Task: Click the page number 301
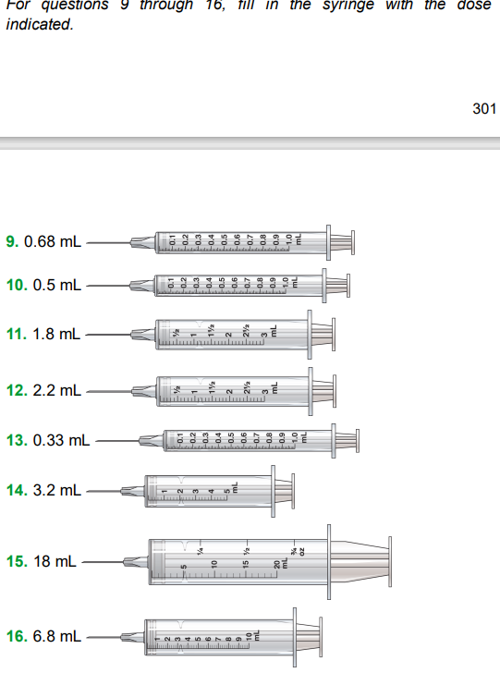point(483,109)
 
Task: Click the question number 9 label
point(13,243)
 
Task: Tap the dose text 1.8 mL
point(56,335)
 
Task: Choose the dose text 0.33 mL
point(61,440)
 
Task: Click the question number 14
point(17,490)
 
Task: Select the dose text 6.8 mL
point(56,637)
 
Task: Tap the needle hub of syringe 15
point(136,561)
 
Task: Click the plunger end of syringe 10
point(346,285)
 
